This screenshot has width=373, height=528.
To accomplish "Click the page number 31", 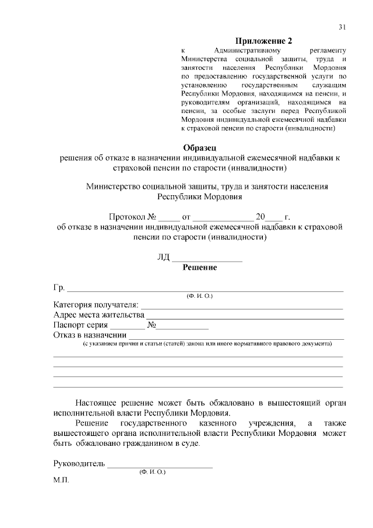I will coord(342,27).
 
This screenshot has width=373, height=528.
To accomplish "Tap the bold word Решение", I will coord(200,267).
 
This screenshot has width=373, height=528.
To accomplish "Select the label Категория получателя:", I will coord(96,305).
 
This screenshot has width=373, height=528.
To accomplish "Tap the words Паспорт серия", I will coord(80,325).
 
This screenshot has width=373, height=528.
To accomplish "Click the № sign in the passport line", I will coord(150,325).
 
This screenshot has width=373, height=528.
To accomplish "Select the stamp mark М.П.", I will coord(61,483).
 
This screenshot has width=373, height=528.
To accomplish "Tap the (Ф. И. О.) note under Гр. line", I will coord(200,296).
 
